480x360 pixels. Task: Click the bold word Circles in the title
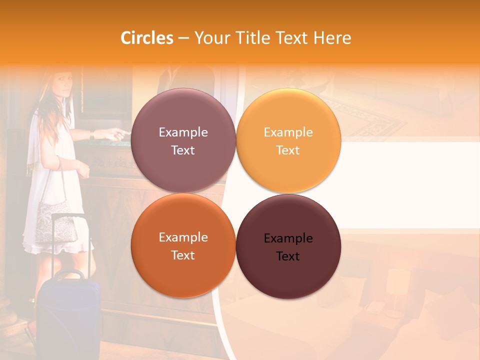[x=147, y=38]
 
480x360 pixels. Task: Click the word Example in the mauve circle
[x=183, y=132]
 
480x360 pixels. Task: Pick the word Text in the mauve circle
[x=183, y=150]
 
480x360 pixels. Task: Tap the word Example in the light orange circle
[x=288, y=132]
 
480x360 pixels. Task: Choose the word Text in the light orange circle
[x=288, y=150]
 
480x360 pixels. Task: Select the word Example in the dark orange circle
[x=183, y=237]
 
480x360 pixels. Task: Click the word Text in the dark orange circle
[x=183, y=255]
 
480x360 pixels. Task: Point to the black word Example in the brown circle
[x=288, y=238]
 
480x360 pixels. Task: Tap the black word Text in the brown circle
[x=288, y=256]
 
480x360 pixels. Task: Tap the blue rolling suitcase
[x=69, y=315]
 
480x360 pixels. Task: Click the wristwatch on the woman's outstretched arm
[x=92, y=134]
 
